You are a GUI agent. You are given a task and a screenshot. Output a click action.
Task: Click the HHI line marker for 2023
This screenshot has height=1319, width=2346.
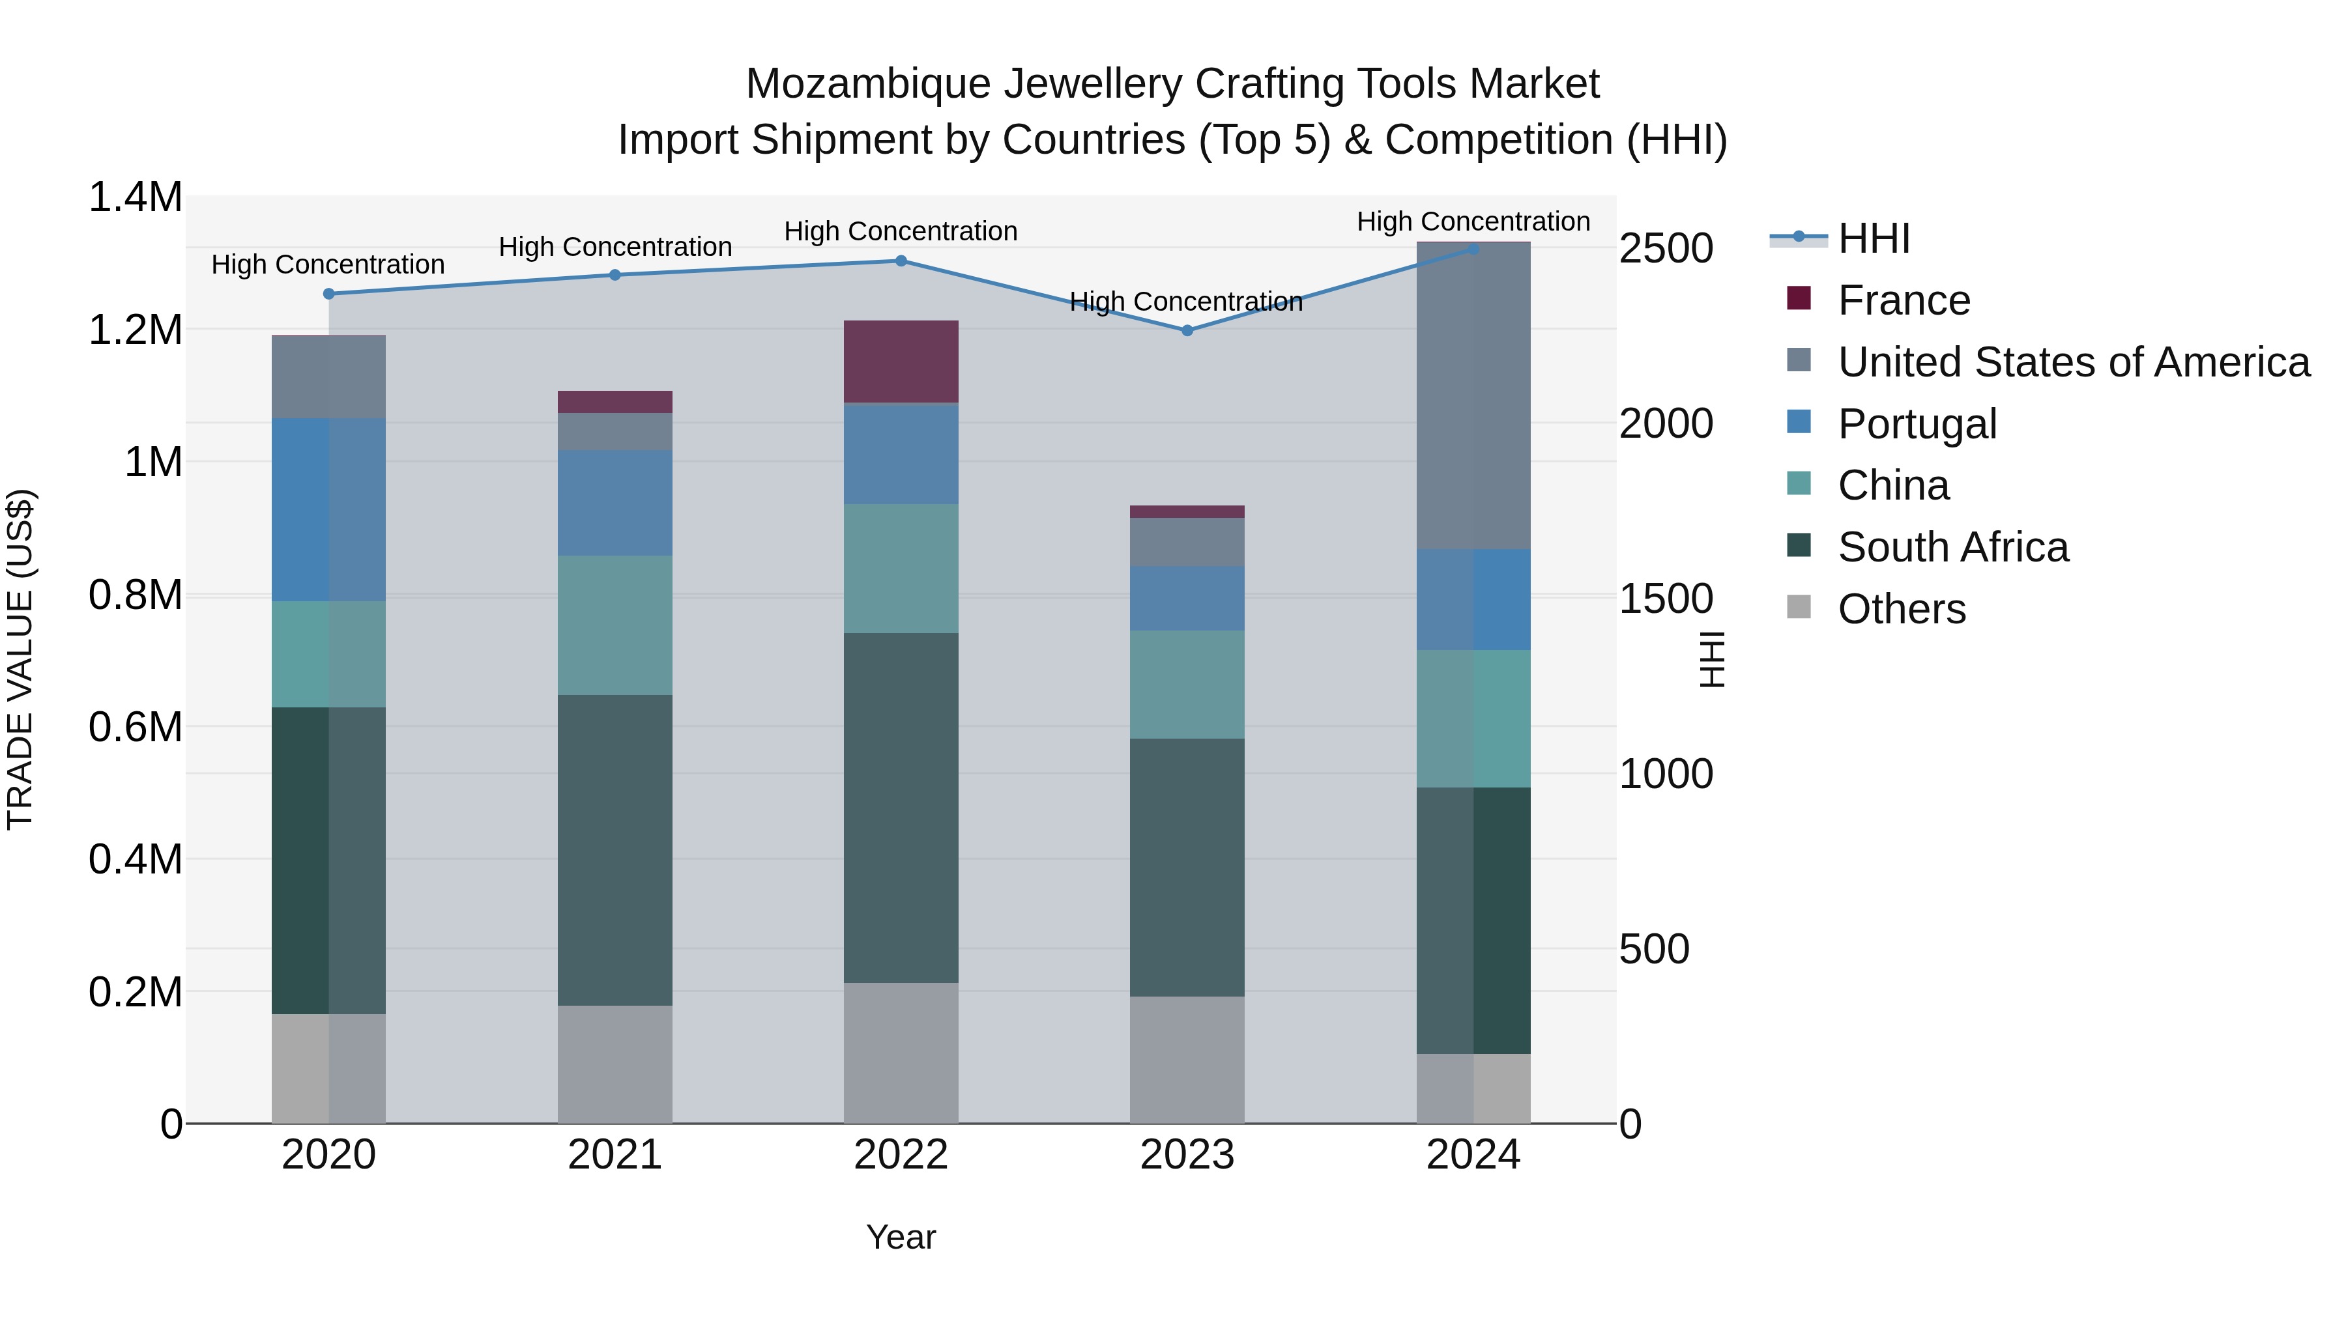coord(1187,330)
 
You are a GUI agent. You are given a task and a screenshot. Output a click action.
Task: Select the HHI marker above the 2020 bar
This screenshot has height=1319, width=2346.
coord(329,294)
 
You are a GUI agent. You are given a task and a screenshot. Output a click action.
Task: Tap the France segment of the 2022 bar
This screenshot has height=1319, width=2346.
coord(901,362)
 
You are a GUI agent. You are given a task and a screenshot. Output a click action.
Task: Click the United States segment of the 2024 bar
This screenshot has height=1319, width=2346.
coord(1473,396)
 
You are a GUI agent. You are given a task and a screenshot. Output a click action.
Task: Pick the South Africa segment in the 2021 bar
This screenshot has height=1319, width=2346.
coord(615,850)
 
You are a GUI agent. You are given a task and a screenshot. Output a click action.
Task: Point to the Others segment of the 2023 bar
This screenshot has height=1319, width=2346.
coord(1187,1060)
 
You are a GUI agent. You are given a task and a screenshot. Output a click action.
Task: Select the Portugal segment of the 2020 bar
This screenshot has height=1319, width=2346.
coord(329,510)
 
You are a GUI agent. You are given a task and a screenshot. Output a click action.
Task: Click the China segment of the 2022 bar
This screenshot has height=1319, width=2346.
coord(901,569)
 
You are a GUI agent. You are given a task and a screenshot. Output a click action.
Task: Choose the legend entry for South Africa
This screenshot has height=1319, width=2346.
coord(1952,547)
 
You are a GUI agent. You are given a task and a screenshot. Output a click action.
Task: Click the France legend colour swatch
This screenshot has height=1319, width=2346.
coord(1799,298)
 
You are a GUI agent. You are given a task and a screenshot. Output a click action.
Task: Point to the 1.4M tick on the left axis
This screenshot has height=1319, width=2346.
coord(135,197)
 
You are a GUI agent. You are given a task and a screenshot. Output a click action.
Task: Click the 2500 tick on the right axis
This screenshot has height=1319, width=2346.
coord(1666,249)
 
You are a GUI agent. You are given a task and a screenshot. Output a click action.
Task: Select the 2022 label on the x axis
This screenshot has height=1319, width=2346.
coord(901,1155)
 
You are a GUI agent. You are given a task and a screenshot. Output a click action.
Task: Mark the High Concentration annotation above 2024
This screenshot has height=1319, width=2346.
coord(1473,221)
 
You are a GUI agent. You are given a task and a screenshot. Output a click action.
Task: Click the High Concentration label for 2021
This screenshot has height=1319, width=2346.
coord(615,247)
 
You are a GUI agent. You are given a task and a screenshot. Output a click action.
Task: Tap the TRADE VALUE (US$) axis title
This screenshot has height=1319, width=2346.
coord(21,659)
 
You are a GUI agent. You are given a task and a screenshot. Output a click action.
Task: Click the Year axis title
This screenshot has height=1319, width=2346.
coord(901,1237)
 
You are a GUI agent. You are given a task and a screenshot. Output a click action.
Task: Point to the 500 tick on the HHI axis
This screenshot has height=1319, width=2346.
coord(1654,950)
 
